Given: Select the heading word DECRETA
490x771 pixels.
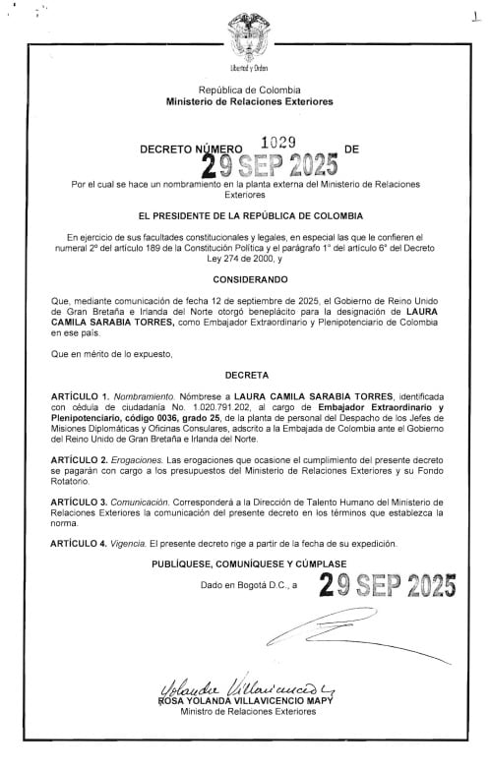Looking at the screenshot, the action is [x=245, y=376].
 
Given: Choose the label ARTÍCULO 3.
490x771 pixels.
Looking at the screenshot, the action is [x=84, y=502].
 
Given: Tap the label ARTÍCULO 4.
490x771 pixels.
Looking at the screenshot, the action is [x=84, y=543].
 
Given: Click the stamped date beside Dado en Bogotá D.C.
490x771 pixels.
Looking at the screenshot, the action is [x=388, y=587].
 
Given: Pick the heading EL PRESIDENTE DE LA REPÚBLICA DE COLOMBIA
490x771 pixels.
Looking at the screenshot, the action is [x=245, y=214].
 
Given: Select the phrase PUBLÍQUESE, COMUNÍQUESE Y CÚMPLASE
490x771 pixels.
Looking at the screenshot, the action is [x=243, y=564].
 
